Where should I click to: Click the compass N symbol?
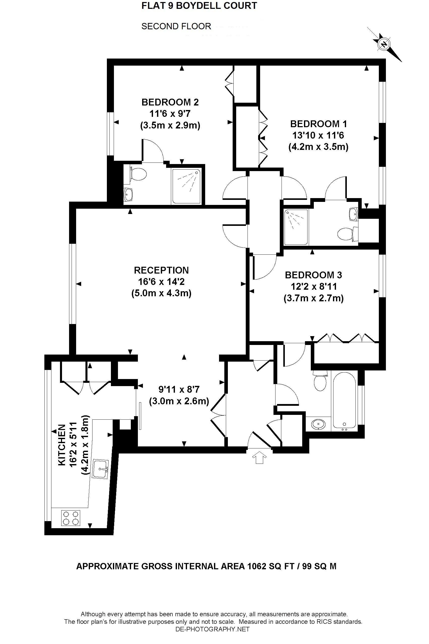click(384, 44)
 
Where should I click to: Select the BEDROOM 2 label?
click(170, 102)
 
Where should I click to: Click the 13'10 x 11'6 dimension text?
click(318, 135)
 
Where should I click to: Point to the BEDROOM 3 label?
click(313, 275)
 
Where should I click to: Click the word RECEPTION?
click(161, 270)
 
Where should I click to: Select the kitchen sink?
click(100, 469)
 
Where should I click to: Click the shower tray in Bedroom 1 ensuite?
click(296, 227)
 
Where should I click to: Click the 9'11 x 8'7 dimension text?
click(179, 389)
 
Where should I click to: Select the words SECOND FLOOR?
click(176, 26)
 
